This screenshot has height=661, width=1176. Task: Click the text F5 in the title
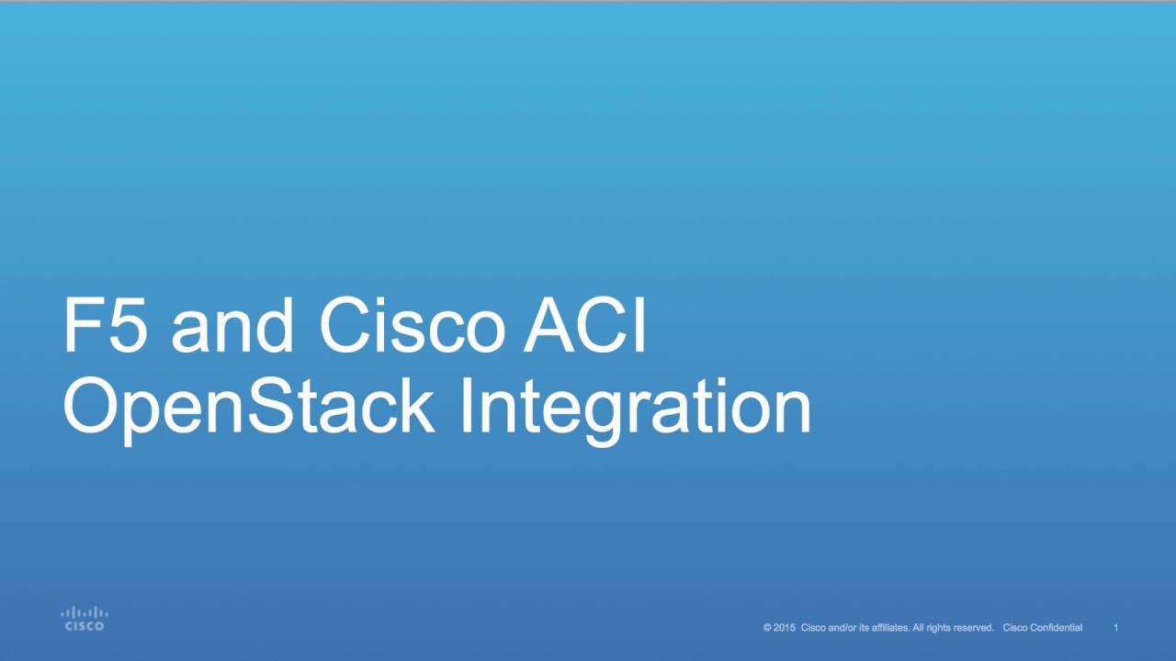click(x=104, y=326)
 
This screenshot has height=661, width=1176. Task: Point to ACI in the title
click(x=585, y=326)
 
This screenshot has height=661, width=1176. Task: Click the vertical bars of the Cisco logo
click(x=85, y=612)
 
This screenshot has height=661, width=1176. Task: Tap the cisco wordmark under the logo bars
click(x=85, y=626)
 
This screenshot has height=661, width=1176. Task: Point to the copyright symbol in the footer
click(x=767, y=628)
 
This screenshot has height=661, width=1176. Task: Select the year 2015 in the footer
click(x=784, y=628)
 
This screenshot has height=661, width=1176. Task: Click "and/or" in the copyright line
click(x=842, y=628)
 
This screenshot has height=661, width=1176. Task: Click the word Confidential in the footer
click(x=1057, y=628)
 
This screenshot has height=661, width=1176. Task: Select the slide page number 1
click(x=1115, y=628)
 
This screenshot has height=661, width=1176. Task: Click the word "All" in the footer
click(x=919, y=628)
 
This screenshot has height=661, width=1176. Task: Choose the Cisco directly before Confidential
click(x=1016, y=628)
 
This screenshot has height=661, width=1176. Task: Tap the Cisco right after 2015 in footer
click(x=814, y=628)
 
